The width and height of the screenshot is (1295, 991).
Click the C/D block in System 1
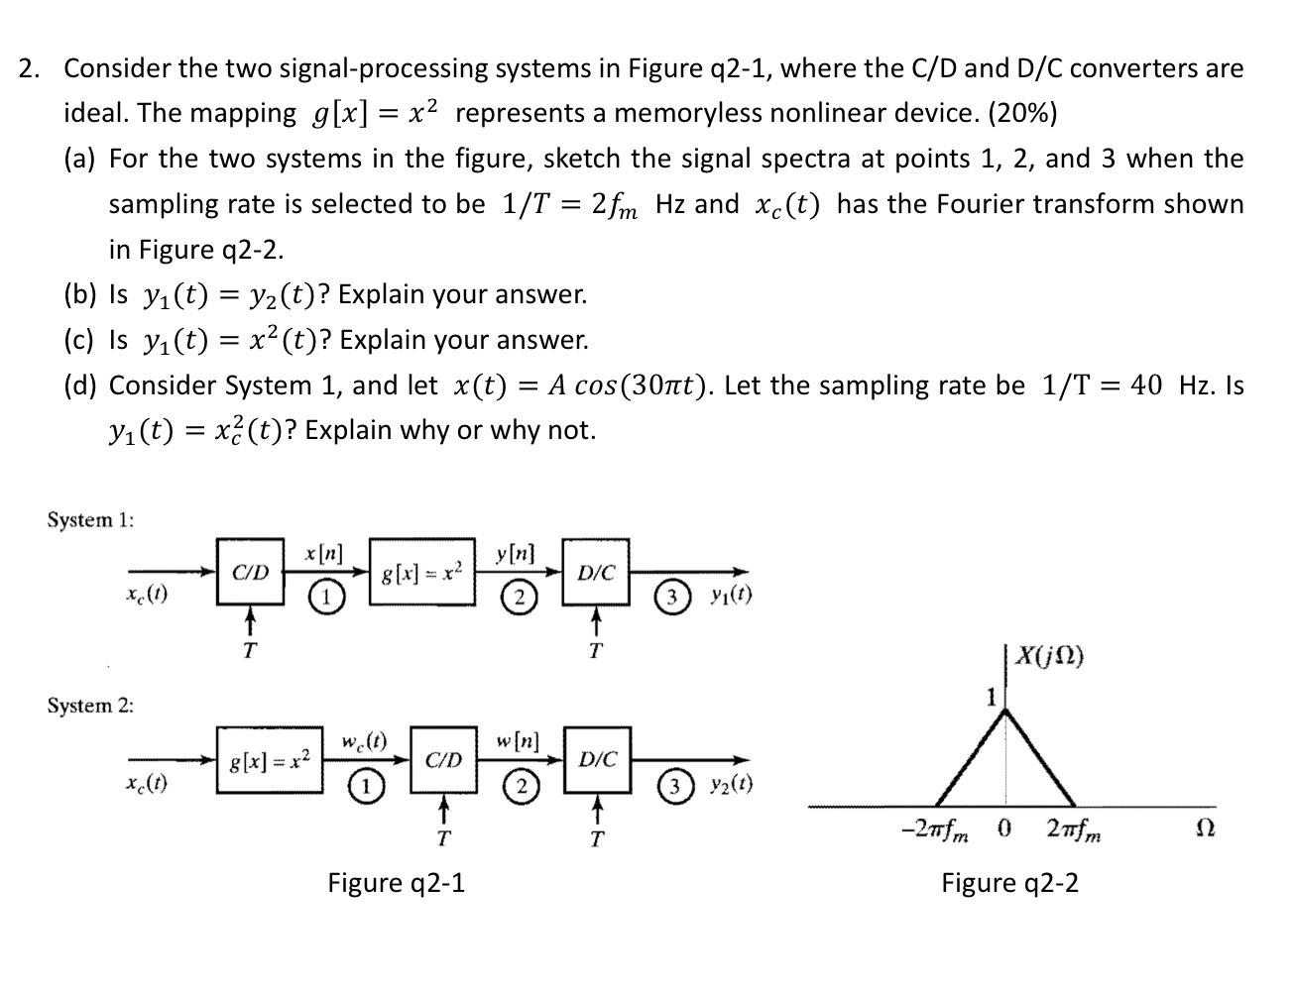point(250,572)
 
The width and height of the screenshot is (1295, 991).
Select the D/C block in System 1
point(596,572)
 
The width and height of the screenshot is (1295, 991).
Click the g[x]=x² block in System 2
point(269,761)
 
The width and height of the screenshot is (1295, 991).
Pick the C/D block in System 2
point(443,760)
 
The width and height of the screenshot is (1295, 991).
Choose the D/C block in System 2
point(597,760)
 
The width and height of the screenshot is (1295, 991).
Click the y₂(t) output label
point(731,785)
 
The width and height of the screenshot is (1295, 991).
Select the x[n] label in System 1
point(323,556)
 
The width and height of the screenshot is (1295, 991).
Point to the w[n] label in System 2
point(518,741)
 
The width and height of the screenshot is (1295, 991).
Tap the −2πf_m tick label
point(937,829)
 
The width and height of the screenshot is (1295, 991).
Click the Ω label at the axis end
point(1207,827)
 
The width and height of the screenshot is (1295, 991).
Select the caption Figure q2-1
point(397,882)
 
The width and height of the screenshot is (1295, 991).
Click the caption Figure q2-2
point(1009,882)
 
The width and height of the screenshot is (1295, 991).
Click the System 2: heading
point(90,706)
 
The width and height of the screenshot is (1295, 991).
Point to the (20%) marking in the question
point(1022,113)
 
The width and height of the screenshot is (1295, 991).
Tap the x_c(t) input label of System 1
point(147,596)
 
